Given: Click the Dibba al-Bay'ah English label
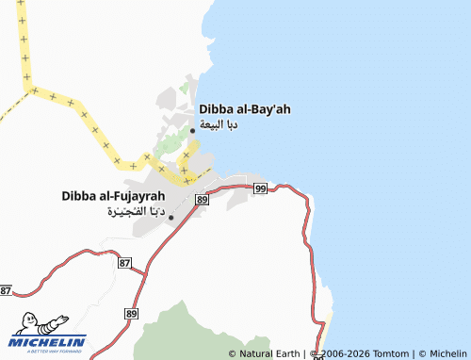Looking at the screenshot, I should (244, 109).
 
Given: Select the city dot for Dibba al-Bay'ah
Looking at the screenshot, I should (193, 130).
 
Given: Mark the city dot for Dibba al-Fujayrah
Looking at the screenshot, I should (171, 218).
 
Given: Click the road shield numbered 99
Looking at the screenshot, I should (260, 188).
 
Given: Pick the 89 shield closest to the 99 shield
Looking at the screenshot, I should (202, 200).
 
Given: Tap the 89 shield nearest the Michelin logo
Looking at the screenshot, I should (131, 313).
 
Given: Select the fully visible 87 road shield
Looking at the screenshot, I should (125, 263).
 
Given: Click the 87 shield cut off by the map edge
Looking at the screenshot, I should (5, 290).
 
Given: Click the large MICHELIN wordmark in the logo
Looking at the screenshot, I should (49, 341).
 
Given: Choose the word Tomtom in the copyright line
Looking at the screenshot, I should (389, 353).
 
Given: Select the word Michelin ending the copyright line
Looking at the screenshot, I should (447, 353).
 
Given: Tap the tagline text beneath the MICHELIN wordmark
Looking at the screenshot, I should (47, 351).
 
